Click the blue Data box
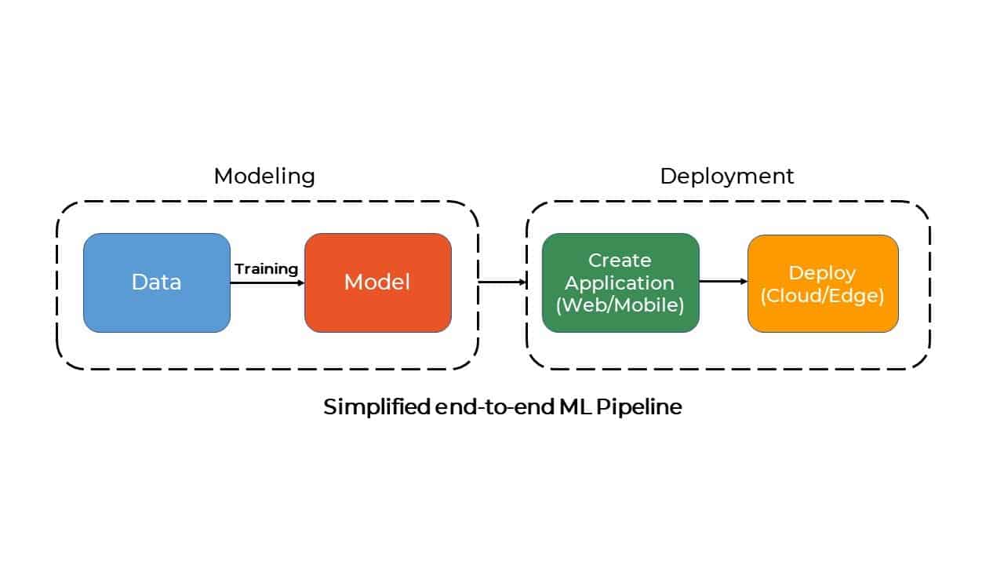pos(157,282)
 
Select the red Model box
pos(378,282)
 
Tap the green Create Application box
pos(620,282)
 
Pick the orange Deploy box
pos(823,283)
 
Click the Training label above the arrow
pos(266,269)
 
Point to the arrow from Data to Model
pos(267,283)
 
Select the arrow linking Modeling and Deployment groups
pos(503,282)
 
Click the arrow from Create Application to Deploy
pos(723,281)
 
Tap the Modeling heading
pos(264,177)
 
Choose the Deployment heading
pos(727,177)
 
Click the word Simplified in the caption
pos(377,407)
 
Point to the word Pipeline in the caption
pos(639,407)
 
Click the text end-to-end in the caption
pos(495,406)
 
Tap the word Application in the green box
pos(620,283)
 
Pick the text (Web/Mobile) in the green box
pos(620,305)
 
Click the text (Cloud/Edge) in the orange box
pos(823,296)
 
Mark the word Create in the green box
pos(620,261)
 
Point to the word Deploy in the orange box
pos(823,274)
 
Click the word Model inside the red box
pos(377,282)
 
